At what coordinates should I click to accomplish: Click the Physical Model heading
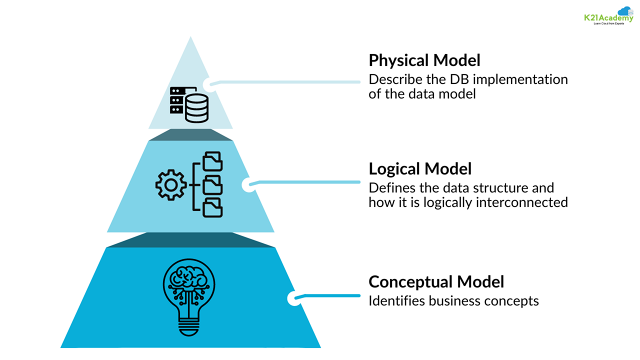pyautogui.click(x=424, y=60)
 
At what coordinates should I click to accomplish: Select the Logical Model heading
pyautogui.click(x=420, y=169)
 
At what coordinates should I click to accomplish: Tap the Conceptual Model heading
pyautogui.click(x=436, y=282)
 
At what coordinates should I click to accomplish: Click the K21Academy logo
pyautogui.click(x=608, y=16)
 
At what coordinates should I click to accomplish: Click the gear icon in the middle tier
pyautogui.click(x=171, y=185)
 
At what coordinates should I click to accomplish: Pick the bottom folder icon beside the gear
pyautogui.click(x=212, y=207)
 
